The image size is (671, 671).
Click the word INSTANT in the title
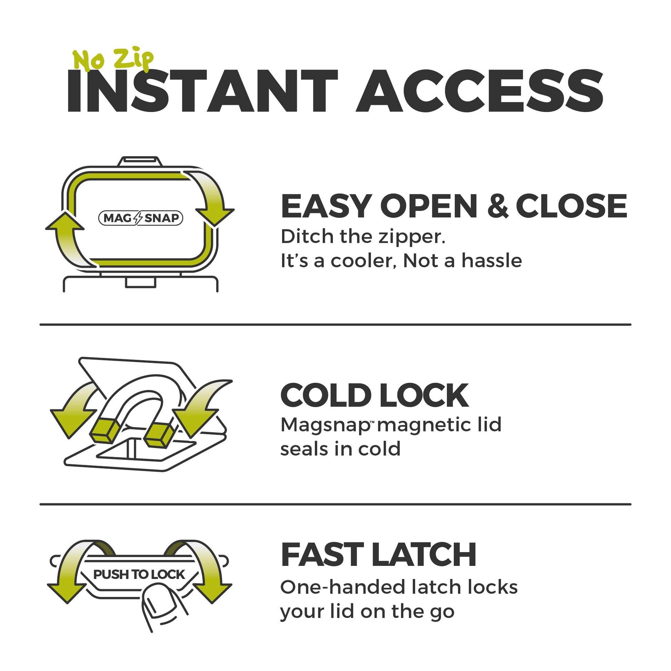tap(202, 91)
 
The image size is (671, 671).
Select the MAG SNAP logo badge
tap(141, 218)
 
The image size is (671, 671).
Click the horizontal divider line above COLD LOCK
tap(335, 325)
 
